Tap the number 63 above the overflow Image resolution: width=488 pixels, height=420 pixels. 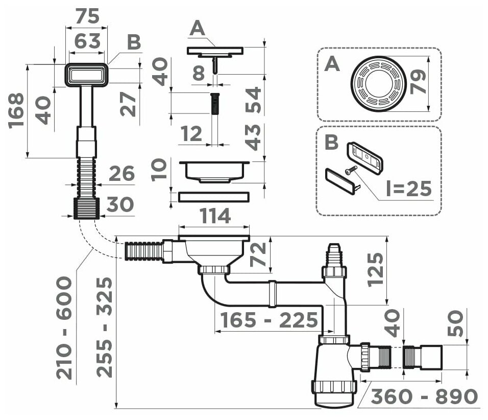pyautogui.click(x=87, y=40)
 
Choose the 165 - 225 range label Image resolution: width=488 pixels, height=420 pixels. pyautogui.click(x=269, y=321)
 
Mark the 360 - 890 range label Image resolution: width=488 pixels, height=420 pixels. pyautogui.click(x=424, y=396)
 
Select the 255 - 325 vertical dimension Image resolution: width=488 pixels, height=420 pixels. pyautogui.click(x=104, y=327)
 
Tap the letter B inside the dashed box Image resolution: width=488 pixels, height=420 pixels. pyautogui.click(x=332, y=142)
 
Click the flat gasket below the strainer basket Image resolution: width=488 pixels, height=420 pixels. pyautogui.click(x=214, y=196)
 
